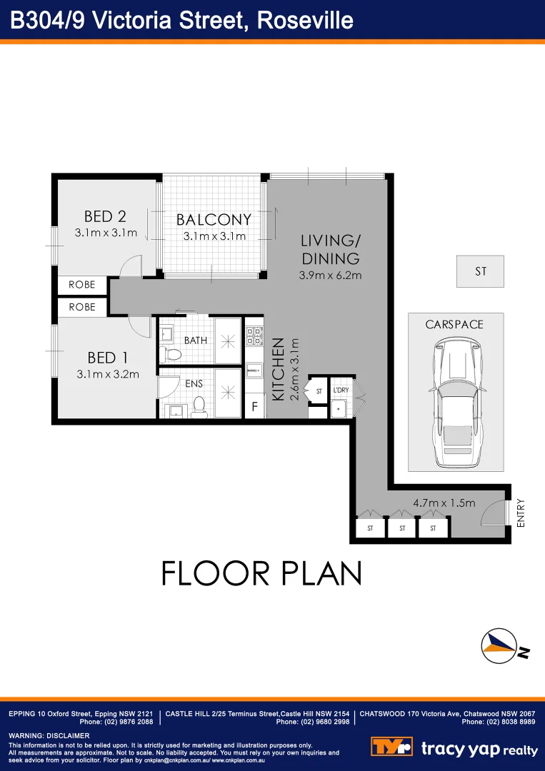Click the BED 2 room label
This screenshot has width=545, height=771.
[105, 216]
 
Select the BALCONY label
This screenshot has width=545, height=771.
[214, 220]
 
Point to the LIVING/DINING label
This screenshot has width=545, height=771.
[330, 249]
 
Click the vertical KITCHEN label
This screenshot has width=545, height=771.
[279, 378]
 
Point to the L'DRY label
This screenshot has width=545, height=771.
[340, 391]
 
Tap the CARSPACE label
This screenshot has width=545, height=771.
[454, 324]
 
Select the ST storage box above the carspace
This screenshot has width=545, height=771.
[481, 272]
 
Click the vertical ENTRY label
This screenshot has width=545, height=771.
[520, 513]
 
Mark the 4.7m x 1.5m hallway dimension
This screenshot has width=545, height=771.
[444, 503]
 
